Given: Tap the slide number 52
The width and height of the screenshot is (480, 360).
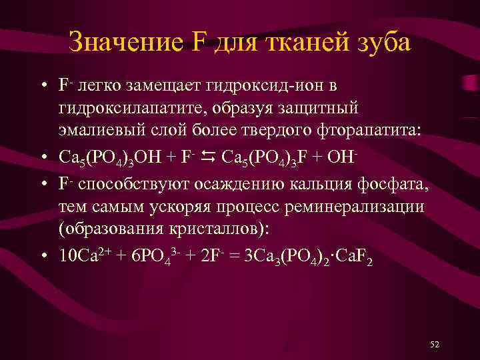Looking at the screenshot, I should [435, 344].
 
